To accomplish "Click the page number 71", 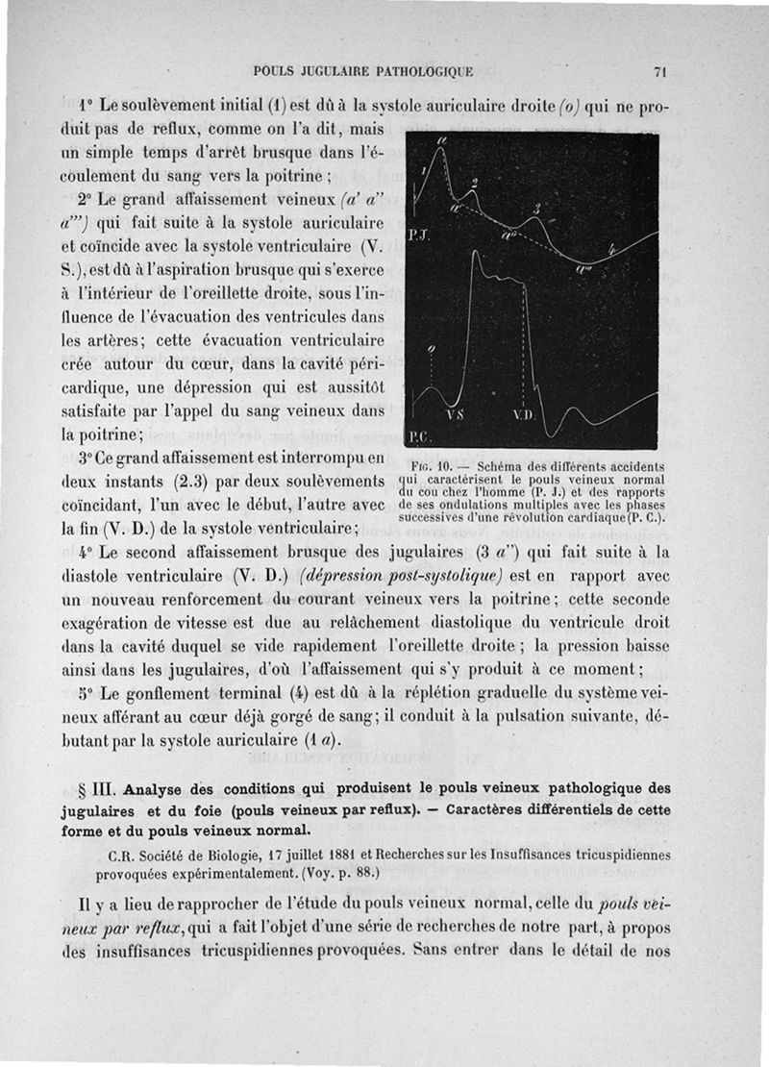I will pos(659,71).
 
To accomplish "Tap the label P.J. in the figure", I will pos(418,234).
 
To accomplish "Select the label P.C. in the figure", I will pos(421,437).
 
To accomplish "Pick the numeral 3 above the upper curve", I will pos(537,209).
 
